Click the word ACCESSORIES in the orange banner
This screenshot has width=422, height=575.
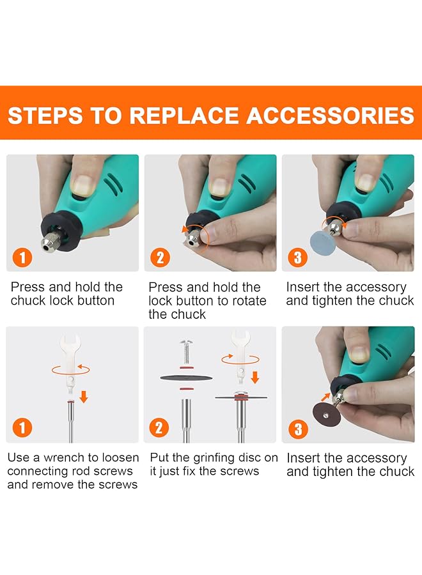[x=331, y=115]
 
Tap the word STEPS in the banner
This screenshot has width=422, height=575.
[x=45, y=115]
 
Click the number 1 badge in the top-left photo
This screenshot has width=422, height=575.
[x=22, y=257]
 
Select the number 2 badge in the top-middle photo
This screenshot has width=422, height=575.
[x=160, y=257]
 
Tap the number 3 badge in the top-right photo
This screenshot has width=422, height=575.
[x=297, y=257]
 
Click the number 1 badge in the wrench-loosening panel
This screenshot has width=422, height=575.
[x=22, y=427]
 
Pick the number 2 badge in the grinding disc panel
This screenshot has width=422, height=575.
[x=159, y=427]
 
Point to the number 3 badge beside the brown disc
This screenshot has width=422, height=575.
[x=299, y=429]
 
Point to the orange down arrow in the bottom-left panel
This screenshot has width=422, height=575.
[x=84, y=397]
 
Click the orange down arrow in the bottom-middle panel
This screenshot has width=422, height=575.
[x=254, y=378]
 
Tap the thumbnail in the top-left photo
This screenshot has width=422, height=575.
[x=83, y=185]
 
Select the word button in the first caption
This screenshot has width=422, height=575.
[x=96, y=301]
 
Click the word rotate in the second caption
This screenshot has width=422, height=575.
[x=248, y=301]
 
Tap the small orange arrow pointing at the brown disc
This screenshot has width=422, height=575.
[x=325, y=397]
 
